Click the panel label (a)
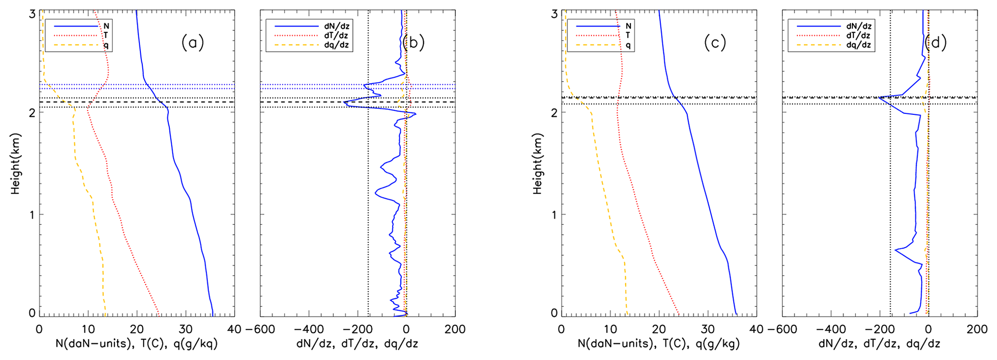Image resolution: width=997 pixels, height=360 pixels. [x=193, y=43]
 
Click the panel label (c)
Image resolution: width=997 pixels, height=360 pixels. [x=714, y=43]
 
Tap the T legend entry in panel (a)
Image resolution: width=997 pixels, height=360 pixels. [x=106, y=35]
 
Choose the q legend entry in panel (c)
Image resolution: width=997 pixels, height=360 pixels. [x=628, y=45]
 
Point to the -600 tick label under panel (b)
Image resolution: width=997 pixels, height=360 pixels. [x=260, y=330]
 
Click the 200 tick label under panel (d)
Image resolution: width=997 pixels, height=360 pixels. [x=977, y=330]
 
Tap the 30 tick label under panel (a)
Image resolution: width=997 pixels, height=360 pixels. [x=186, y=330]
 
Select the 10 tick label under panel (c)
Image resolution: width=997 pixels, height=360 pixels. [x=610, y=330]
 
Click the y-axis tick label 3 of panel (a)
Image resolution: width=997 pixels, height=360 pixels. [x=32, y=14]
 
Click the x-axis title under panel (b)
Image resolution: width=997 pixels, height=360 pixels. [x=357, y=344]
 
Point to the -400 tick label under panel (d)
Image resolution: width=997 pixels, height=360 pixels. [x=831, y=330]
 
